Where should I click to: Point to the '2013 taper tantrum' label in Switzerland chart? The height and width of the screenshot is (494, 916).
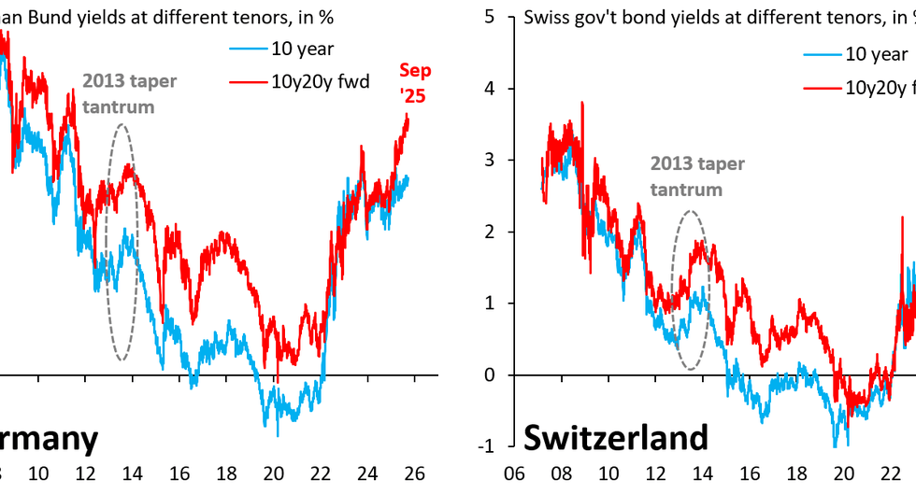click(x=697, y=176)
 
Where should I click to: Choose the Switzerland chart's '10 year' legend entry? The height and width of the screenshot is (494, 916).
click(x=875, y=54)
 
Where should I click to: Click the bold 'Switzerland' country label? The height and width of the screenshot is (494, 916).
click(x=614, y=438)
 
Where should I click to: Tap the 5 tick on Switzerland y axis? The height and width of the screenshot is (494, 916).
click(x=490, y=18)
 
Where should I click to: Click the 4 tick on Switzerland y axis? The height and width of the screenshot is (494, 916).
click(x=490, y=89)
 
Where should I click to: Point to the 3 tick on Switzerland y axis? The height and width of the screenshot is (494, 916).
click(x=490, y=161)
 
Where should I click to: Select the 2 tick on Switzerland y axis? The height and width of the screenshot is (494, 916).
click(x=490, y=232)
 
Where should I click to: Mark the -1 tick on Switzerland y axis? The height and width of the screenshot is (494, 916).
click(x=487, y=446)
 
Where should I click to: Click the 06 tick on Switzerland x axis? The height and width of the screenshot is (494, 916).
click(x=513, y=473)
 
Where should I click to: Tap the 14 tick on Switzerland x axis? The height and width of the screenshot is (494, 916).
click(x=703, y=473)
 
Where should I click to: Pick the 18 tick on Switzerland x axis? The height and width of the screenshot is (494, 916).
click(x=796, y=473)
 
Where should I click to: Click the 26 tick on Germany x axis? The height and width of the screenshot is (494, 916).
click(x=415, y=473)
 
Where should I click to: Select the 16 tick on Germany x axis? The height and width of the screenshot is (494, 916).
click(x=179, y=473)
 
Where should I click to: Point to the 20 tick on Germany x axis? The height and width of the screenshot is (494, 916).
click(x=274, y=473)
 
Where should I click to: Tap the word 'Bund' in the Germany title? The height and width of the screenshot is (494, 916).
click(x=36, y=17)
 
